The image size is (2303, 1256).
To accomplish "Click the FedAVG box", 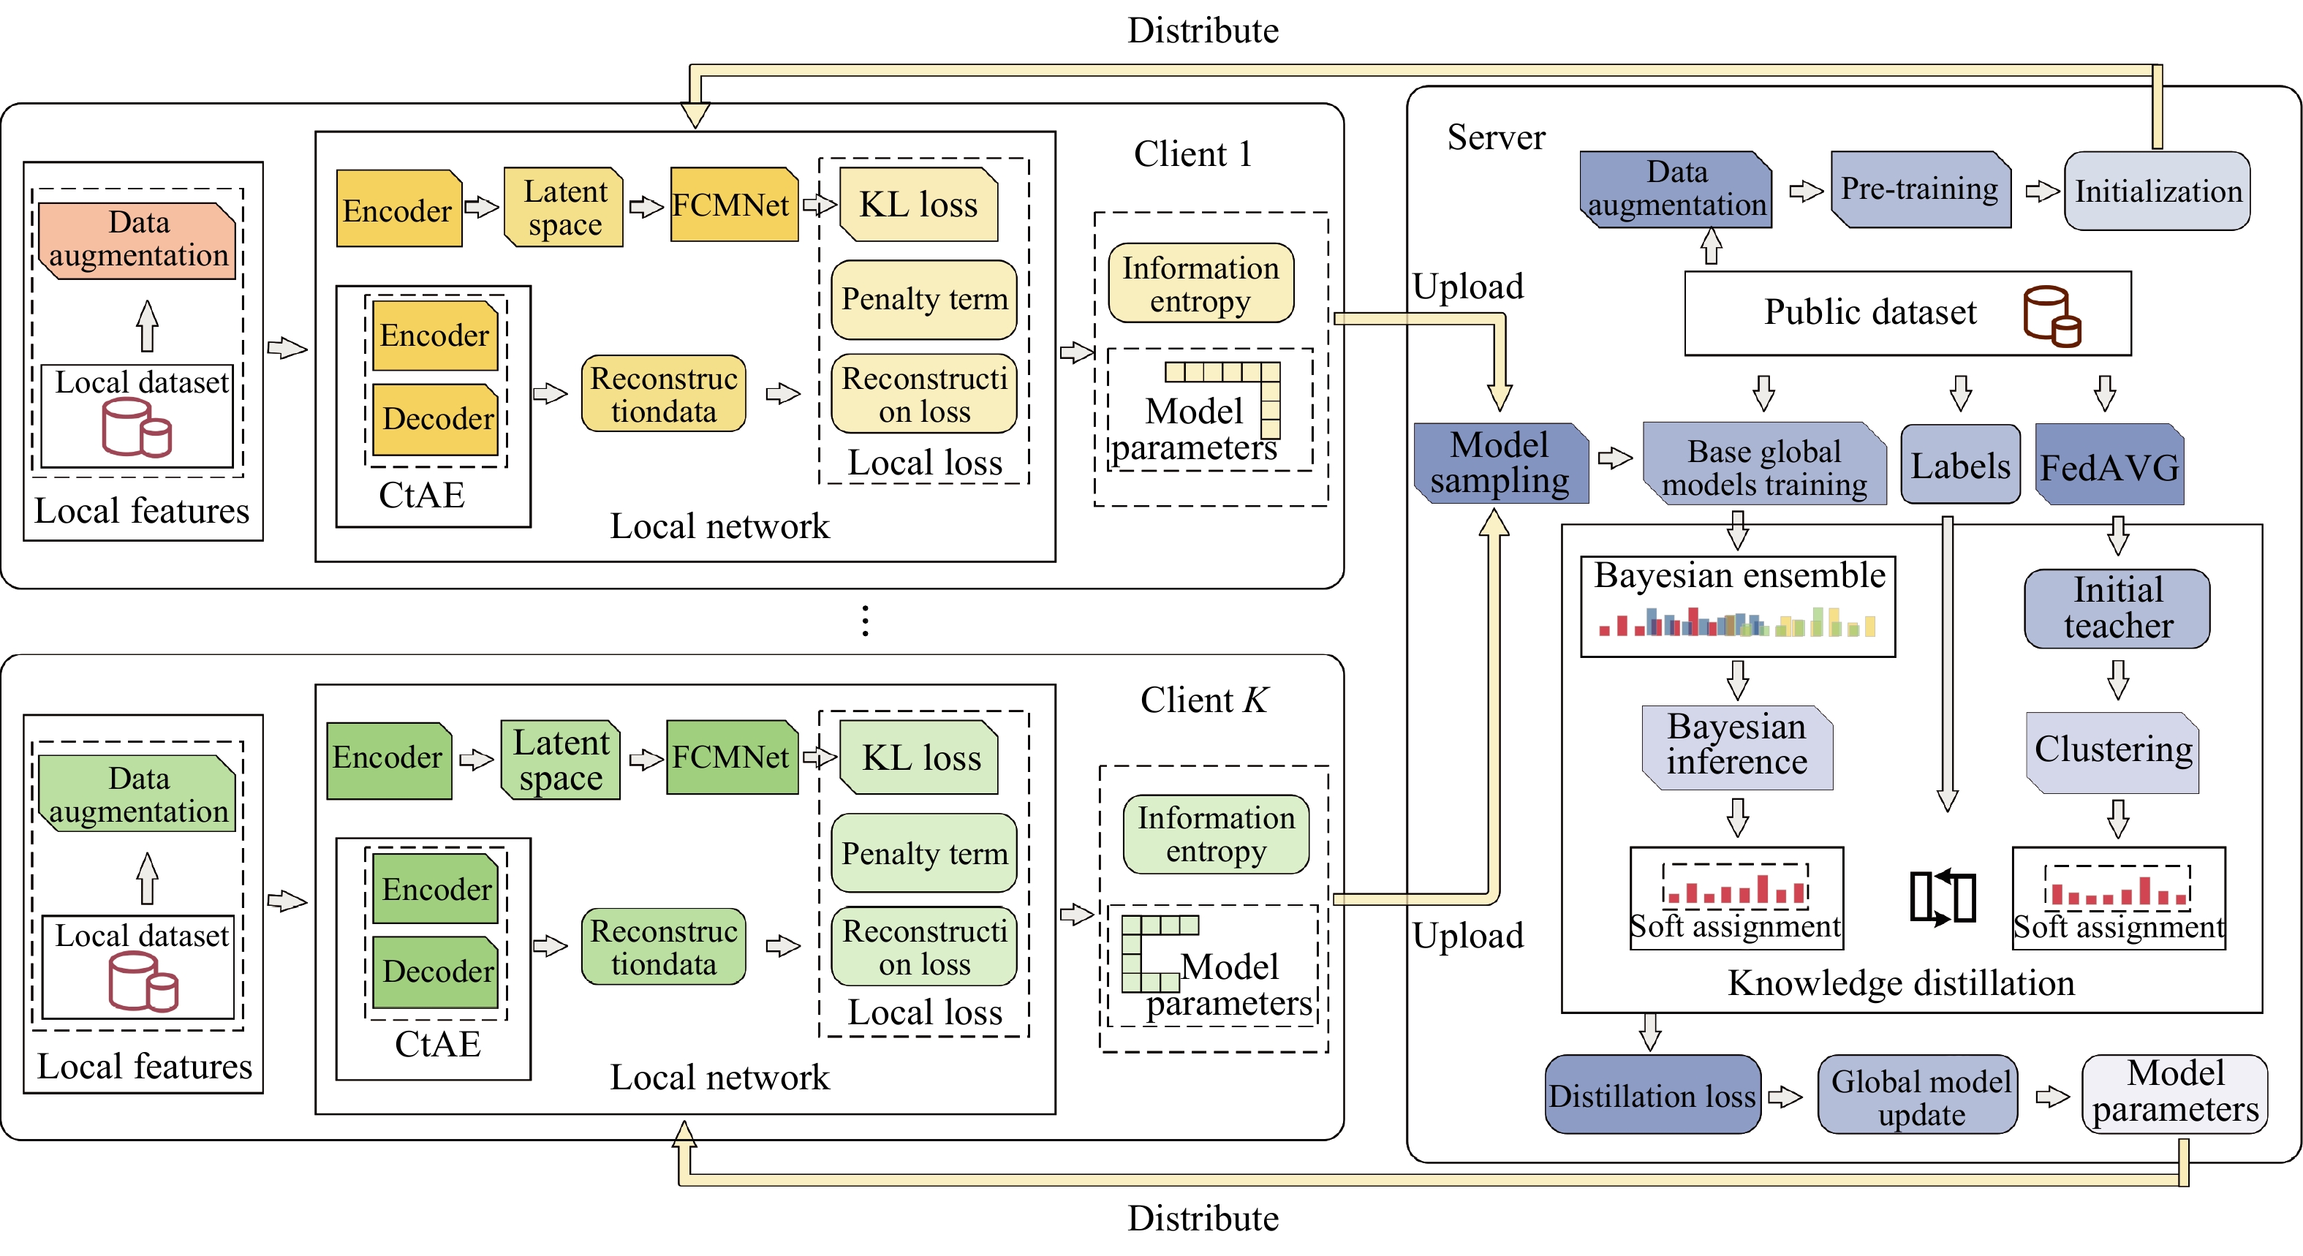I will [2109, 466].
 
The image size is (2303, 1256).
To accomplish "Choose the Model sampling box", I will [1500, 463].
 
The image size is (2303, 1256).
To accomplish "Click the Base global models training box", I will [1764, 466].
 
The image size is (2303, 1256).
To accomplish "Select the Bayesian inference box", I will [1736, 746].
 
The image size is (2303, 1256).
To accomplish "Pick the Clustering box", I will [2113, 751].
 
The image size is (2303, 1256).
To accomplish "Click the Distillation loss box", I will [1652, 1095].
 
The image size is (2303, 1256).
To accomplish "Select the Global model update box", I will [1918, 1096].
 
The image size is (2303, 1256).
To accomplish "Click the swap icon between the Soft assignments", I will [1942, 896].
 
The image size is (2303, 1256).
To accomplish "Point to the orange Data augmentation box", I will [137, 240].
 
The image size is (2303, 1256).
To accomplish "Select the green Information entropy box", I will [1215, 834].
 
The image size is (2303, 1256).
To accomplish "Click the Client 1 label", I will [1192, 155].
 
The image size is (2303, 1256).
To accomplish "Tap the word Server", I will [1495, 137].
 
